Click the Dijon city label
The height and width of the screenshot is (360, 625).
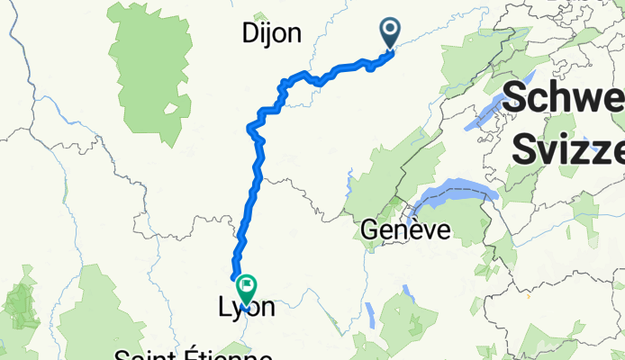tap(271, 34)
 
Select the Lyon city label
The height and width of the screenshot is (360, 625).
tap(246, 309)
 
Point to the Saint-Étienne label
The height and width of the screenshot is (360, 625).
tap(179, 352)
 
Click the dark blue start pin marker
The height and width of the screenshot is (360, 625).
tap(391, 34)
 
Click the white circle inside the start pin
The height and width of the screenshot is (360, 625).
tap(391, 30)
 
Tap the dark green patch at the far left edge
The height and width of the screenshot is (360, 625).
tap(20, 306)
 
